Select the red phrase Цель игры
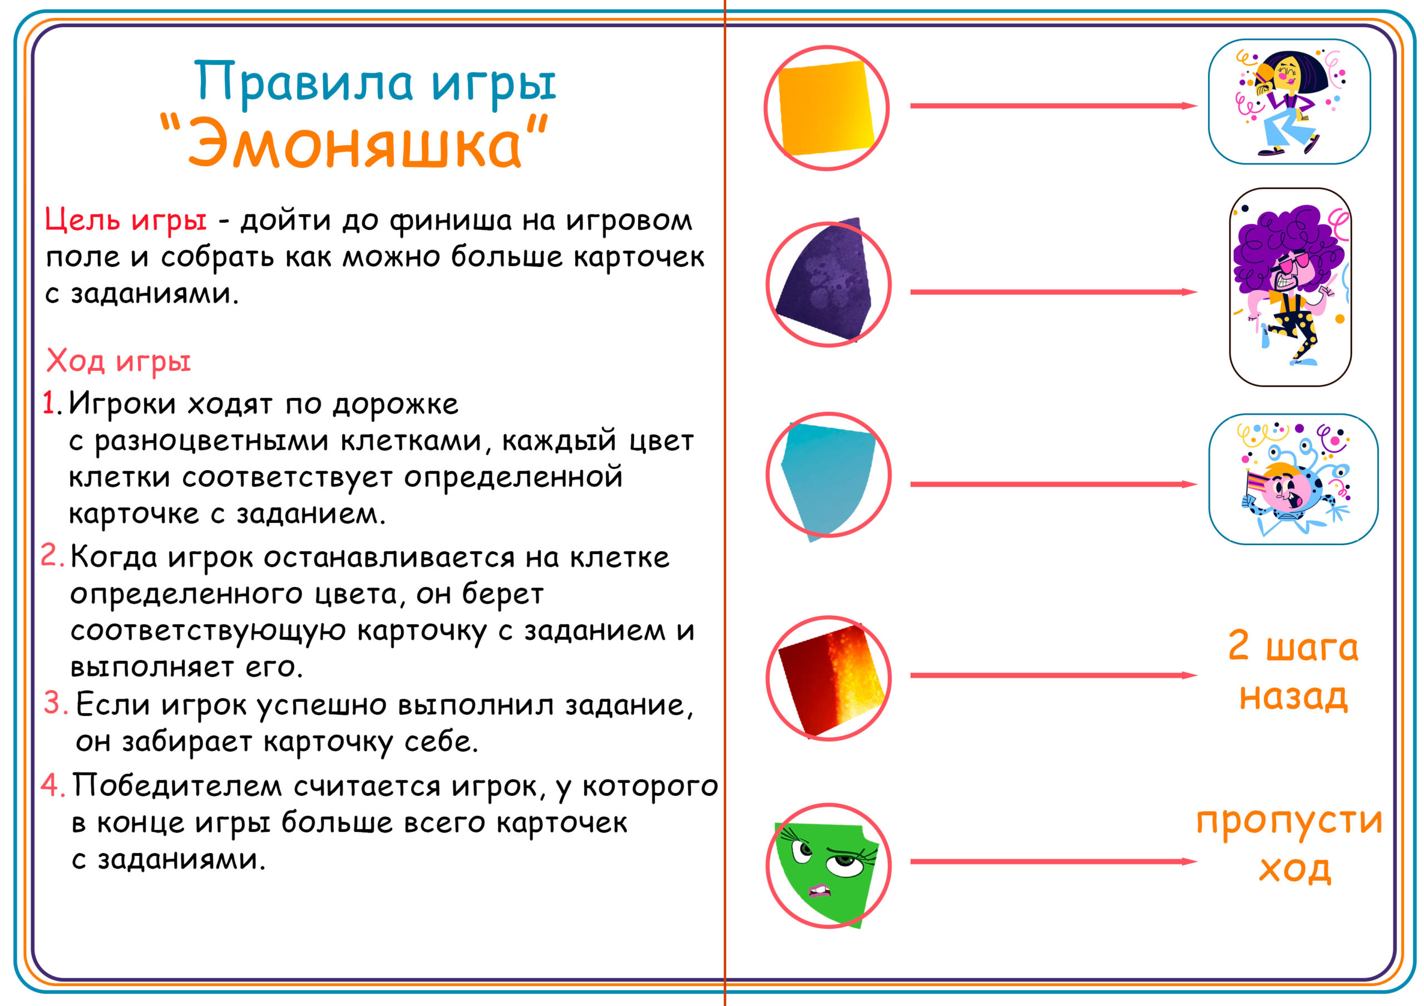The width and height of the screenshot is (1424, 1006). pos(126,220)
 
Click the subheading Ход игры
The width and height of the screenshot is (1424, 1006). pos(118,361)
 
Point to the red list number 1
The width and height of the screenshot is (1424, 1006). pos(50,403)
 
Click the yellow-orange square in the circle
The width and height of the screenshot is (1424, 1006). pos(825,108)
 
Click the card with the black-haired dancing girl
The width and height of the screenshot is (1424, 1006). pos(1289,102)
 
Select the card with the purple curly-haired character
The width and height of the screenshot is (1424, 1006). pos(1290,287)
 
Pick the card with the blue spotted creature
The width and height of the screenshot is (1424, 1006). pos(1293,479)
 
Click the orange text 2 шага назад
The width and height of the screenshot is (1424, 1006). pos(1293,671)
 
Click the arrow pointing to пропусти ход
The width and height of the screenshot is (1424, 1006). pos(1052,861)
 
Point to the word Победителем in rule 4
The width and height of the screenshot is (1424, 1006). pos(177,786)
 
